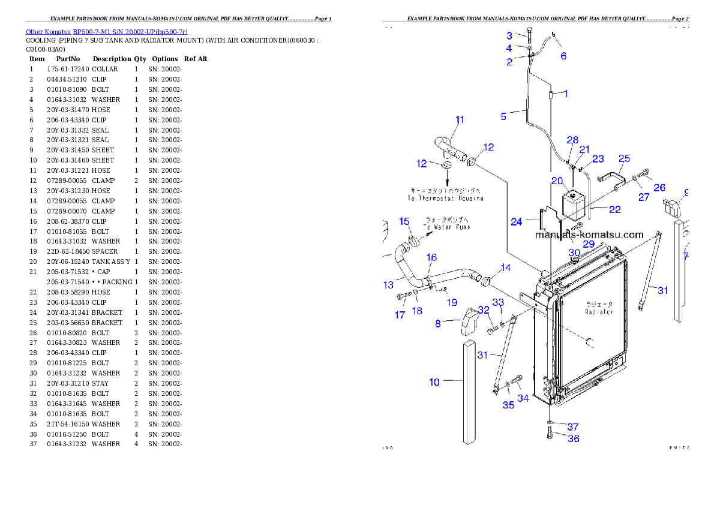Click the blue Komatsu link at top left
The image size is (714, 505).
(106, 31)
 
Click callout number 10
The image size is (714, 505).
(434, 382)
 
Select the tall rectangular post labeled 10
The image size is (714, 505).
(470, 393)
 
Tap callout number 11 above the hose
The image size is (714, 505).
(460, 120)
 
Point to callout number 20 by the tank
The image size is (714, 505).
(557, 181)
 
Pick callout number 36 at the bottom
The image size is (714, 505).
(573, 439)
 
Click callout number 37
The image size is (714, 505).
(573, 427)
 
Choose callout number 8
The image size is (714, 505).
(438, 323)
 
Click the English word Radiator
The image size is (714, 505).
(599, 312)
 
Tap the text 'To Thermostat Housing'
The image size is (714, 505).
(445, 198)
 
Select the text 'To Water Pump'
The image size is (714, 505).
(447, 227)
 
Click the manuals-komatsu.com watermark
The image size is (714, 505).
(589, 235)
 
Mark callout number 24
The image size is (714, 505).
(517, 222)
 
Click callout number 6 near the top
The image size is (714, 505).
(563, 56)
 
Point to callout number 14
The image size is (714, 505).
(506, 267)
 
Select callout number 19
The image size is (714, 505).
(452, 302)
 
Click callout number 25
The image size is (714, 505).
(624, 158)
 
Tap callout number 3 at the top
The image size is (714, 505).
(509, 35)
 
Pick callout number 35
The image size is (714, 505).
(508, 405)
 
